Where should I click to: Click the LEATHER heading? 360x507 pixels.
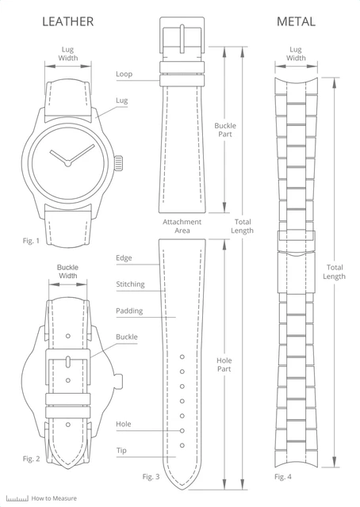pyautogui.click(x=68, y=21)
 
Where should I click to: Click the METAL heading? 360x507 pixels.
pyautogui.click(x=296, y=21)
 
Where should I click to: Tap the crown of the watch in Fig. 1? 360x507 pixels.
pyautogui.click(x=119, y=163)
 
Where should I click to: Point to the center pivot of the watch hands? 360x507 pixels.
pyautogui.click(x=67, y=164)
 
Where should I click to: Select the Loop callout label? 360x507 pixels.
pyautogui.click(x=124, y=74)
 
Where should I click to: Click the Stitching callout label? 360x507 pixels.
pyautogui.click(x=130, y=284)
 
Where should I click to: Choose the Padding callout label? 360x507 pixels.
pyautogui.click(x=129, y=311)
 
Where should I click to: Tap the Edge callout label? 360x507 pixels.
pyautogui.click(x=124, y=258)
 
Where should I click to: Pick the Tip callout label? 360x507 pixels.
pyautogui.click(x=121, y=451)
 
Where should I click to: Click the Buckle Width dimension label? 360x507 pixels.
pyautogui.click(x=67, y=272)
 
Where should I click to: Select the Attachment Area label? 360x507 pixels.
pyautogui.click(x=182, y=226)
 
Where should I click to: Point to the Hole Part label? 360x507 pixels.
pyautogui.click(x=224, y=364)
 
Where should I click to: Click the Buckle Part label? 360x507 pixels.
pyautogui.click(x=225, y=130)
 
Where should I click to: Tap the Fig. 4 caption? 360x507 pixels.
pyautogui.click(x=283, y=476)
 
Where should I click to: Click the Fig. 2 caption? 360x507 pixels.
pyautogui.click(x=31, y=459)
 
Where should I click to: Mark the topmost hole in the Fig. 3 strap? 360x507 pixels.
pyautogui.click(x=182, y=356)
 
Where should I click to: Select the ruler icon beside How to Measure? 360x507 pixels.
pyautogui.click(x=17, y=498)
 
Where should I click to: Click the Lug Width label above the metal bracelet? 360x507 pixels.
pyautogui.click(x=296, y=54)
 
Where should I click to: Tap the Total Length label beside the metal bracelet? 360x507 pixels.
pyautogui.click(x=334, y=272)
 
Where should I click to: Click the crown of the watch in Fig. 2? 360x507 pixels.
pyautogui.click(x=119, y=380)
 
